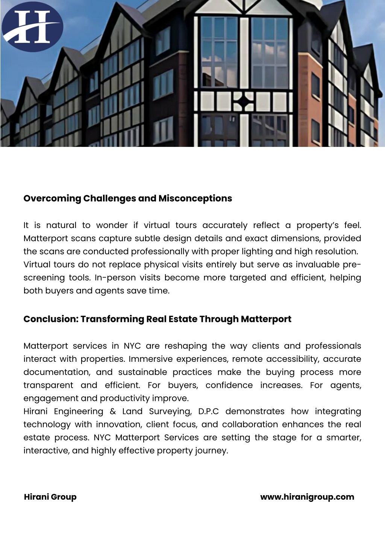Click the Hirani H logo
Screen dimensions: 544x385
32,27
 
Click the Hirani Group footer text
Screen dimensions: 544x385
50,497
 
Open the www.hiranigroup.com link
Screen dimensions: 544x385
307,497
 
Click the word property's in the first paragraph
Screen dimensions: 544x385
318,225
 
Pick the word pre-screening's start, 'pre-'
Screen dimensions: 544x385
352,264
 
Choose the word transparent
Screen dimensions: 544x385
48,385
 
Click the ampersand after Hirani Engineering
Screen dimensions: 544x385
113,411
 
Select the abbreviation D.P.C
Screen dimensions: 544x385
208,411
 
